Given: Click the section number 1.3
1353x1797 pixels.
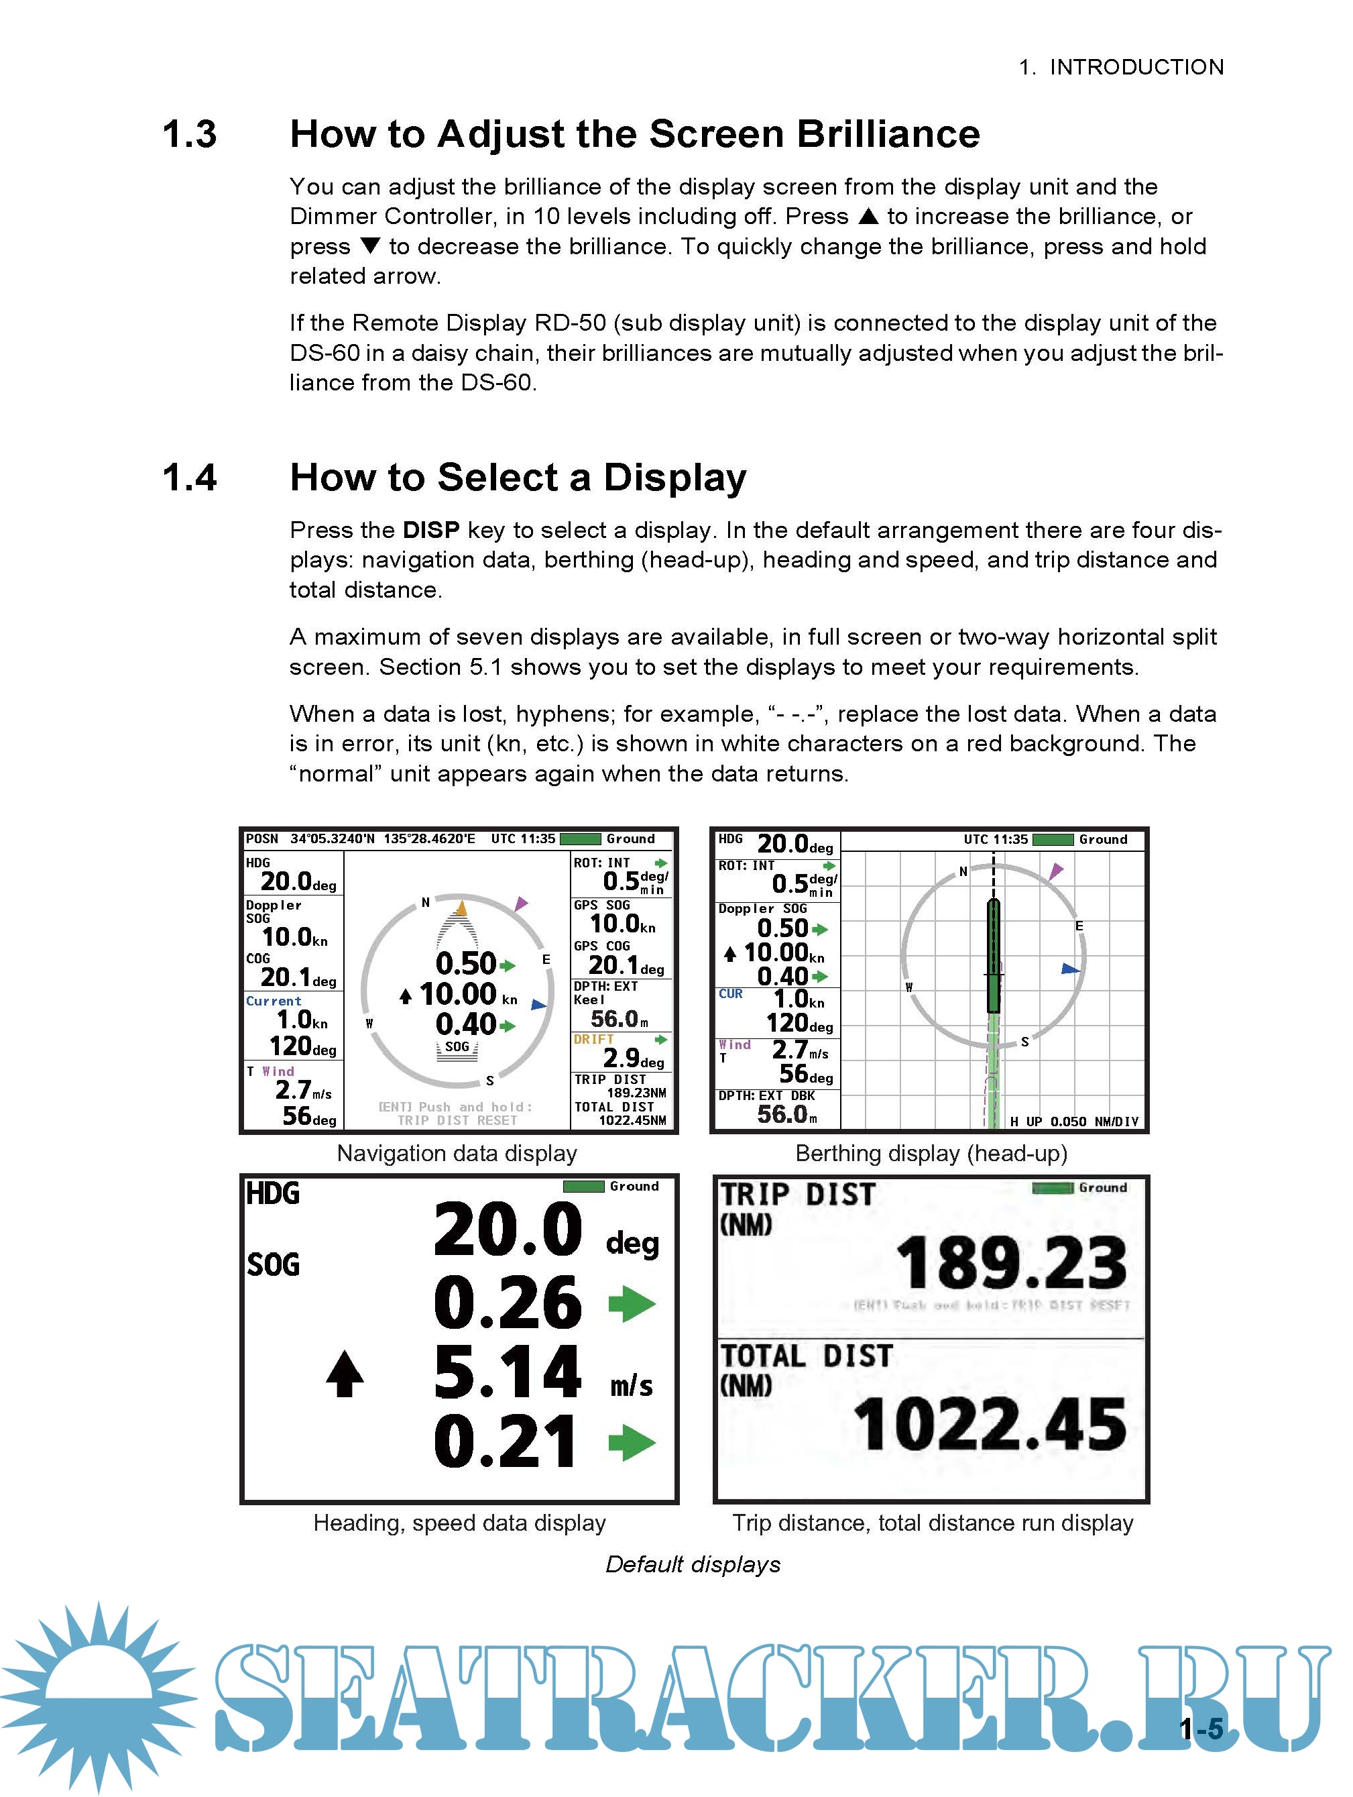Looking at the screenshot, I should [189, 135].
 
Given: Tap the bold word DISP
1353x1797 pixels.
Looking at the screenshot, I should [431, 531].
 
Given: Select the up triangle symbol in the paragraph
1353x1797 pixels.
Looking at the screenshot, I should [868, 216].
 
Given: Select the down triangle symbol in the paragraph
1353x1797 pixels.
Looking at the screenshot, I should [370, 246].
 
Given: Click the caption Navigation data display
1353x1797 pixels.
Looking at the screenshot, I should [457, 1154].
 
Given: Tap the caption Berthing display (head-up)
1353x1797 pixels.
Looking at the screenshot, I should [931, 1154].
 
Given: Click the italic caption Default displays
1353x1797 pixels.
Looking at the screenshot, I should [693, 1565].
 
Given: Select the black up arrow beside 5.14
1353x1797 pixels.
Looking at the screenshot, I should [345, 1374].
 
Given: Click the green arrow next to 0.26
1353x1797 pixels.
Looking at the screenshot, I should [632, 1304].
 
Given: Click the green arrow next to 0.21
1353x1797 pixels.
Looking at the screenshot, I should [632, 1443].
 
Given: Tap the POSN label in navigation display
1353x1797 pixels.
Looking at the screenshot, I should [261, 839].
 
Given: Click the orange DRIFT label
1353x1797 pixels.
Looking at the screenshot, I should [593, 1040].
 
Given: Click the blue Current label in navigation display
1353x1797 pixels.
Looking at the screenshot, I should [274, 1001].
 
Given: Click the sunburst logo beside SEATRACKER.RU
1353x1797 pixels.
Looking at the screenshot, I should [97, 1698].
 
